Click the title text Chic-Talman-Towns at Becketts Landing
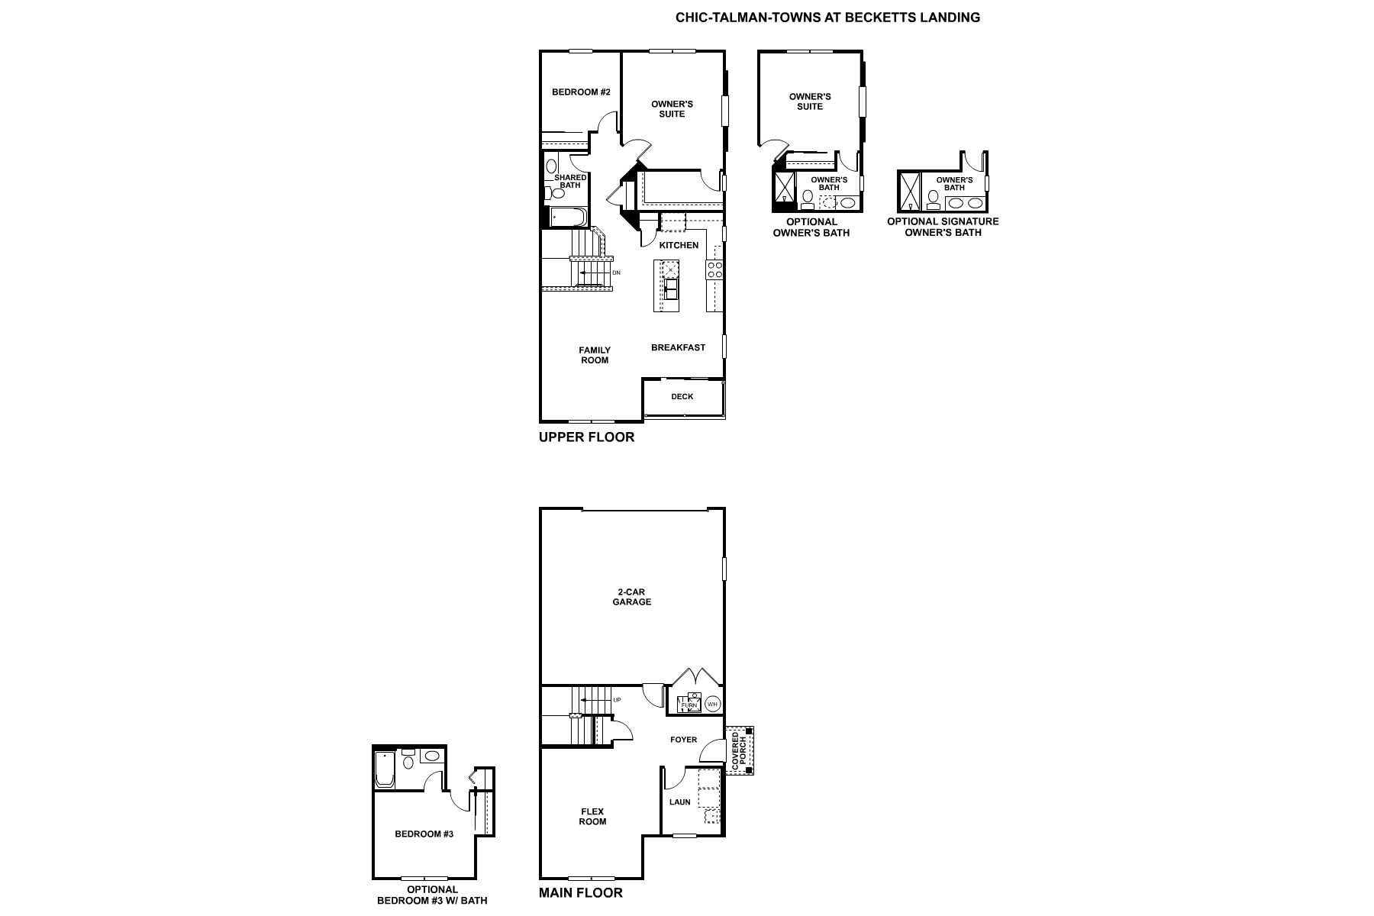coord(827,18)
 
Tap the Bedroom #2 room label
coord(581,92)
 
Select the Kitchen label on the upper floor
coord(679,245)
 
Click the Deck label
coord(682,397)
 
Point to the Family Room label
coord(594,355)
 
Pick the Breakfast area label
coord(678,347)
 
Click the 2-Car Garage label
coord(632,596)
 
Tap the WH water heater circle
coord(712,704)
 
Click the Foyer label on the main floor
coord(683,740)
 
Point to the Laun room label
coord(679,802)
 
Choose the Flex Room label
coord(592,816)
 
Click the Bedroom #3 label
coord(424,834)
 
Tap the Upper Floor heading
coord(586,437)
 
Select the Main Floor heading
coord(580,892)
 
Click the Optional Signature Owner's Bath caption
coord(943,227)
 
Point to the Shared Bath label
coord(570,181)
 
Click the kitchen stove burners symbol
coord(715,269)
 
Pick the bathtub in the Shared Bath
coord(566,218)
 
